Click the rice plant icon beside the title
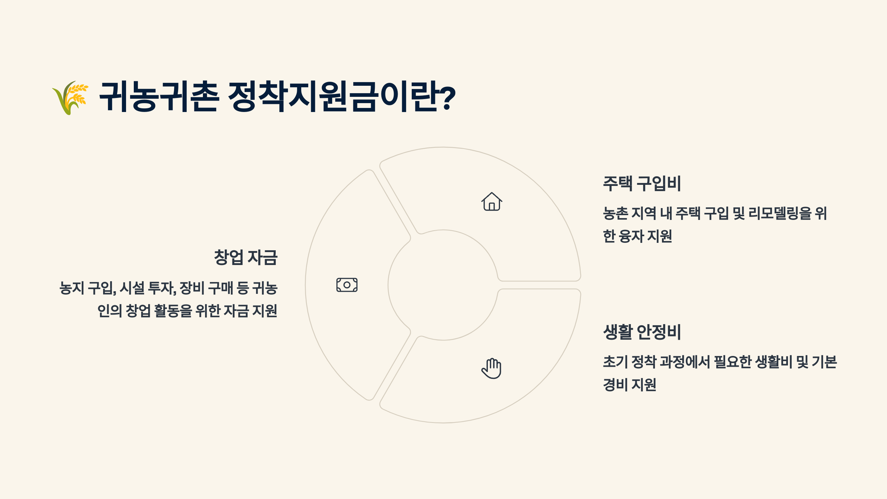point(70,98)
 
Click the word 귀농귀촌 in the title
point(159,97)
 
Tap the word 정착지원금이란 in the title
point(333,97)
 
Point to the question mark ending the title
point(448,98)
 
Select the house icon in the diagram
point(492,202)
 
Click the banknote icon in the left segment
point(347,285)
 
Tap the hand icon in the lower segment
point(492,368)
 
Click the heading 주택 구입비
point(642,184)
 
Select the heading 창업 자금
point(246,258)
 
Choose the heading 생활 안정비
point(642,332)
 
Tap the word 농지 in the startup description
point(72,288)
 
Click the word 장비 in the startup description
point(192,288)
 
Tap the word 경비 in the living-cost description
point(615,385)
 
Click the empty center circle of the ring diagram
point(443,285)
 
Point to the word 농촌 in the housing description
point(615,213)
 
